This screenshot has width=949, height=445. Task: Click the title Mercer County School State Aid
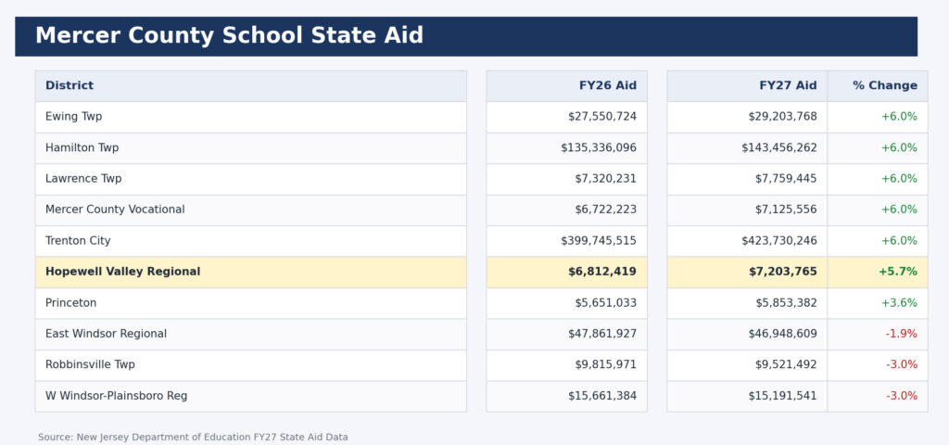point(229,36)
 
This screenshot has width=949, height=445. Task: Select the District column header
point(70,85)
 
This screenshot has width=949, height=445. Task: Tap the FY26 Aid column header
point(607,85)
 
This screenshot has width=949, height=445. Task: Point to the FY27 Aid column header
point(788,85)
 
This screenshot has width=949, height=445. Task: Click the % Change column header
point(884,85)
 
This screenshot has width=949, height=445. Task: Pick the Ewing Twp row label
point(74,117)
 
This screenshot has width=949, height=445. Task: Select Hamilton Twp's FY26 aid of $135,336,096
point(598,147)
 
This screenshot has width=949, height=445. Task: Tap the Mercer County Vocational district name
point(115,210)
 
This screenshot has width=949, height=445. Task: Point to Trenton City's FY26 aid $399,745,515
point(598,241)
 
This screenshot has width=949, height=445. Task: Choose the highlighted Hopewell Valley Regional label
point(122,272)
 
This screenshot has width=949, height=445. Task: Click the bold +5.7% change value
point(897,272)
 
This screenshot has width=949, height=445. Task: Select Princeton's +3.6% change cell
point(899,303)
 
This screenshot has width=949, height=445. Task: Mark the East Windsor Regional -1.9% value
point(901,334)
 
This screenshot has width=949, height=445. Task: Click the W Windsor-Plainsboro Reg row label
point(116,396)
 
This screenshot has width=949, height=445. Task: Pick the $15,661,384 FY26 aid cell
point(602,396)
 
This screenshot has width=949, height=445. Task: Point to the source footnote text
point(193,437)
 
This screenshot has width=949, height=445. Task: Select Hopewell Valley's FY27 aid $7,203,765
point(782,272)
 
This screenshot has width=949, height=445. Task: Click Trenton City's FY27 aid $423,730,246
point(778,241)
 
